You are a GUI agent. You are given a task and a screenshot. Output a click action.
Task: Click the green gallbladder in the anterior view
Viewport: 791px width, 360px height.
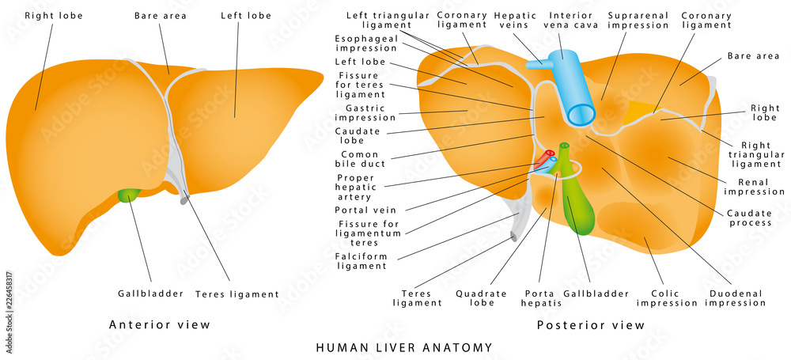tap(127, 194)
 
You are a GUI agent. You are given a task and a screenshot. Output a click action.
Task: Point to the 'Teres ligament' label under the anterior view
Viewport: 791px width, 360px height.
tap(238, 294)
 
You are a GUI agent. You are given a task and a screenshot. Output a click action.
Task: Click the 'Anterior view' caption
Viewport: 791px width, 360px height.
tap(160, 324)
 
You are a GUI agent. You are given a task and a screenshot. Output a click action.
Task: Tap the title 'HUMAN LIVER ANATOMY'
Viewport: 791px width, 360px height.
tap(404, 347)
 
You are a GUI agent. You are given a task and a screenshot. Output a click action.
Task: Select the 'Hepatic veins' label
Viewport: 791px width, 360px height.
tap(516, 20)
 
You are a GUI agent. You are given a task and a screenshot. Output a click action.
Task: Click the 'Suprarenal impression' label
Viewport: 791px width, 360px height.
tap(638, 20)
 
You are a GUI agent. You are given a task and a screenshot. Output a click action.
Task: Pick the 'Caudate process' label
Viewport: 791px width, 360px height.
tap(750, 218)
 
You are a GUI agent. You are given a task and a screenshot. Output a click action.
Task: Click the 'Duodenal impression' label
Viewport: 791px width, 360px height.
tap(736, 297)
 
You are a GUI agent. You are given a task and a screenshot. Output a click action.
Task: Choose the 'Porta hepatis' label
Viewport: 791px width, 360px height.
tap(542, 297)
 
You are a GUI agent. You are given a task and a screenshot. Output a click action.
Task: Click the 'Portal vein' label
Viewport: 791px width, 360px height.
tap(365, 210)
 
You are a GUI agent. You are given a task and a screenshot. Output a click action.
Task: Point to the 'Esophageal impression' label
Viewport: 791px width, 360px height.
tap(365, 43)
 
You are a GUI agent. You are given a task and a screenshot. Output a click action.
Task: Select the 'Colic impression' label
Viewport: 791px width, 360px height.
tap(667, 297)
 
